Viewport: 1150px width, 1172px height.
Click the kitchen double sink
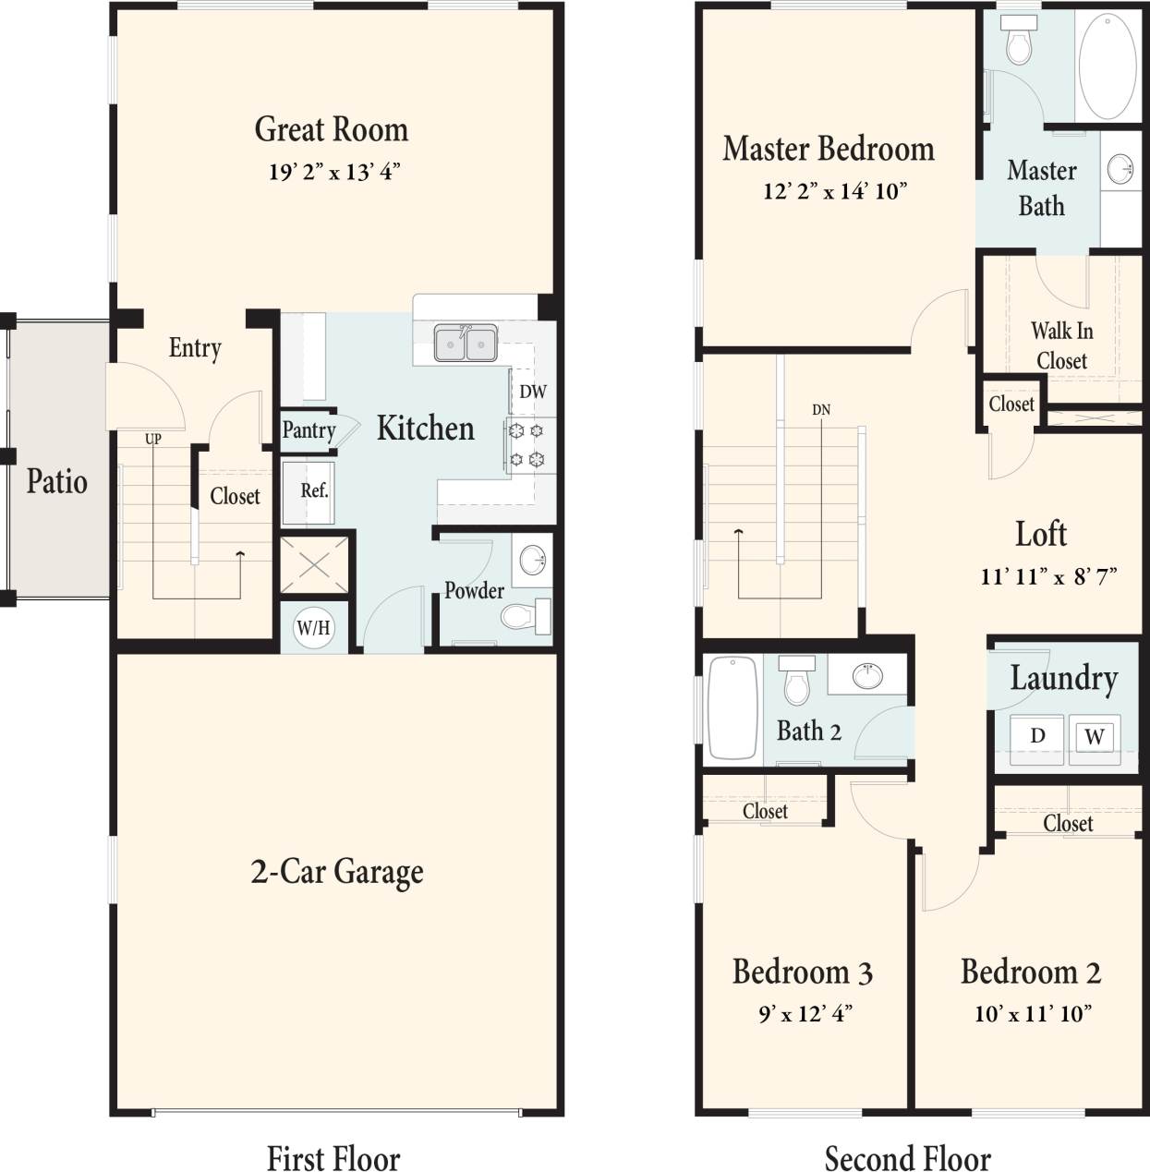pos(466,344)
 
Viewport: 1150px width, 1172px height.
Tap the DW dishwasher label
pos(533,392)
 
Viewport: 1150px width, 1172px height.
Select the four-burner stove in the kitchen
pos(527,444)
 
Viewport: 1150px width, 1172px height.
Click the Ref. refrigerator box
pos(314,490)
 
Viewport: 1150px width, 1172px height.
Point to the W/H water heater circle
pos(313,628)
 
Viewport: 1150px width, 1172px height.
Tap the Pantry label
pos(309,430)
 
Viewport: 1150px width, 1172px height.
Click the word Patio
pos(56,481)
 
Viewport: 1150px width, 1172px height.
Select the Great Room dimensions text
pos(334,173)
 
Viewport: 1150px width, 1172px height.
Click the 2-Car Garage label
pos(337,871)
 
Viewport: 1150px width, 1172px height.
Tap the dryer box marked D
pos(1037,735)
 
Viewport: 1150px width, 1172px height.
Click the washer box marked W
pos(1095,736)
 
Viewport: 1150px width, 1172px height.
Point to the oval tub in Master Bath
pos(1108,64)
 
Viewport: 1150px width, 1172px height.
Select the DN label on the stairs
pos(821,409)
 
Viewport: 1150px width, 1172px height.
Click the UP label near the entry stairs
pos(152,439)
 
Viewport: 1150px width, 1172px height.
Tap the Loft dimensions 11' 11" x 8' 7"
pos(1048,577)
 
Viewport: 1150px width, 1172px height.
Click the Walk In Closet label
pos(1061,345)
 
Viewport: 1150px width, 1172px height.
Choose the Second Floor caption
pos(907,1157)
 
